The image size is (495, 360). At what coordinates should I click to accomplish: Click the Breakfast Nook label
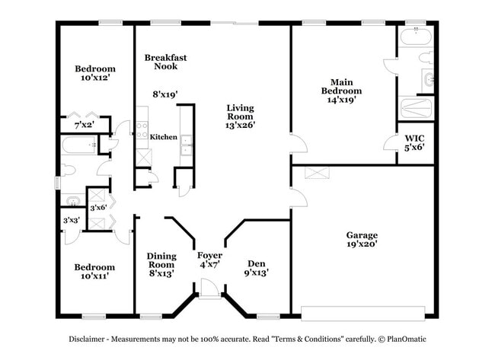pyautogui.click(x=165, y=62)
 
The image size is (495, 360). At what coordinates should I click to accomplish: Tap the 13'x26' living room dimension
pyautogui.click(x=240, y=125)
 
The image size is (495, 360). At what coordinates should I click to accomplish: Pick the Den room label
pyautogui.click(x=256, y=262)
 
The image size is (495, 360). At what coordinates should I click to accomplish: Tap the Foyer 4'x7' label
pyautogui.click(x=209, y=260)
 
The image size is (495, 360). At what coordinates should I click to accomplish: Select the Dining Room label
pyautogui.click(x=161, y=260)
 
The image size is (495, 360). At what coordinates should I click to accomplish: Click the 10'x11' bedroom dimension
pyautogui.click(x=94, y=276)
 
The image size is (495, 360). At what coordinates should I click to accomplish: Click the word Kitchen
pyautogui.click(x=163, y=137)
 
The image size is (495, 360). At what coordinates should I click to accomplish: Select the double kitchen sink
pyautogui.click(x=186, y=145)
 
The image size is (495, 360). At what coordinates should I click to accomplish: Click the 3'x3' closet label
pyautogui.click(x=72, y=221)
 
